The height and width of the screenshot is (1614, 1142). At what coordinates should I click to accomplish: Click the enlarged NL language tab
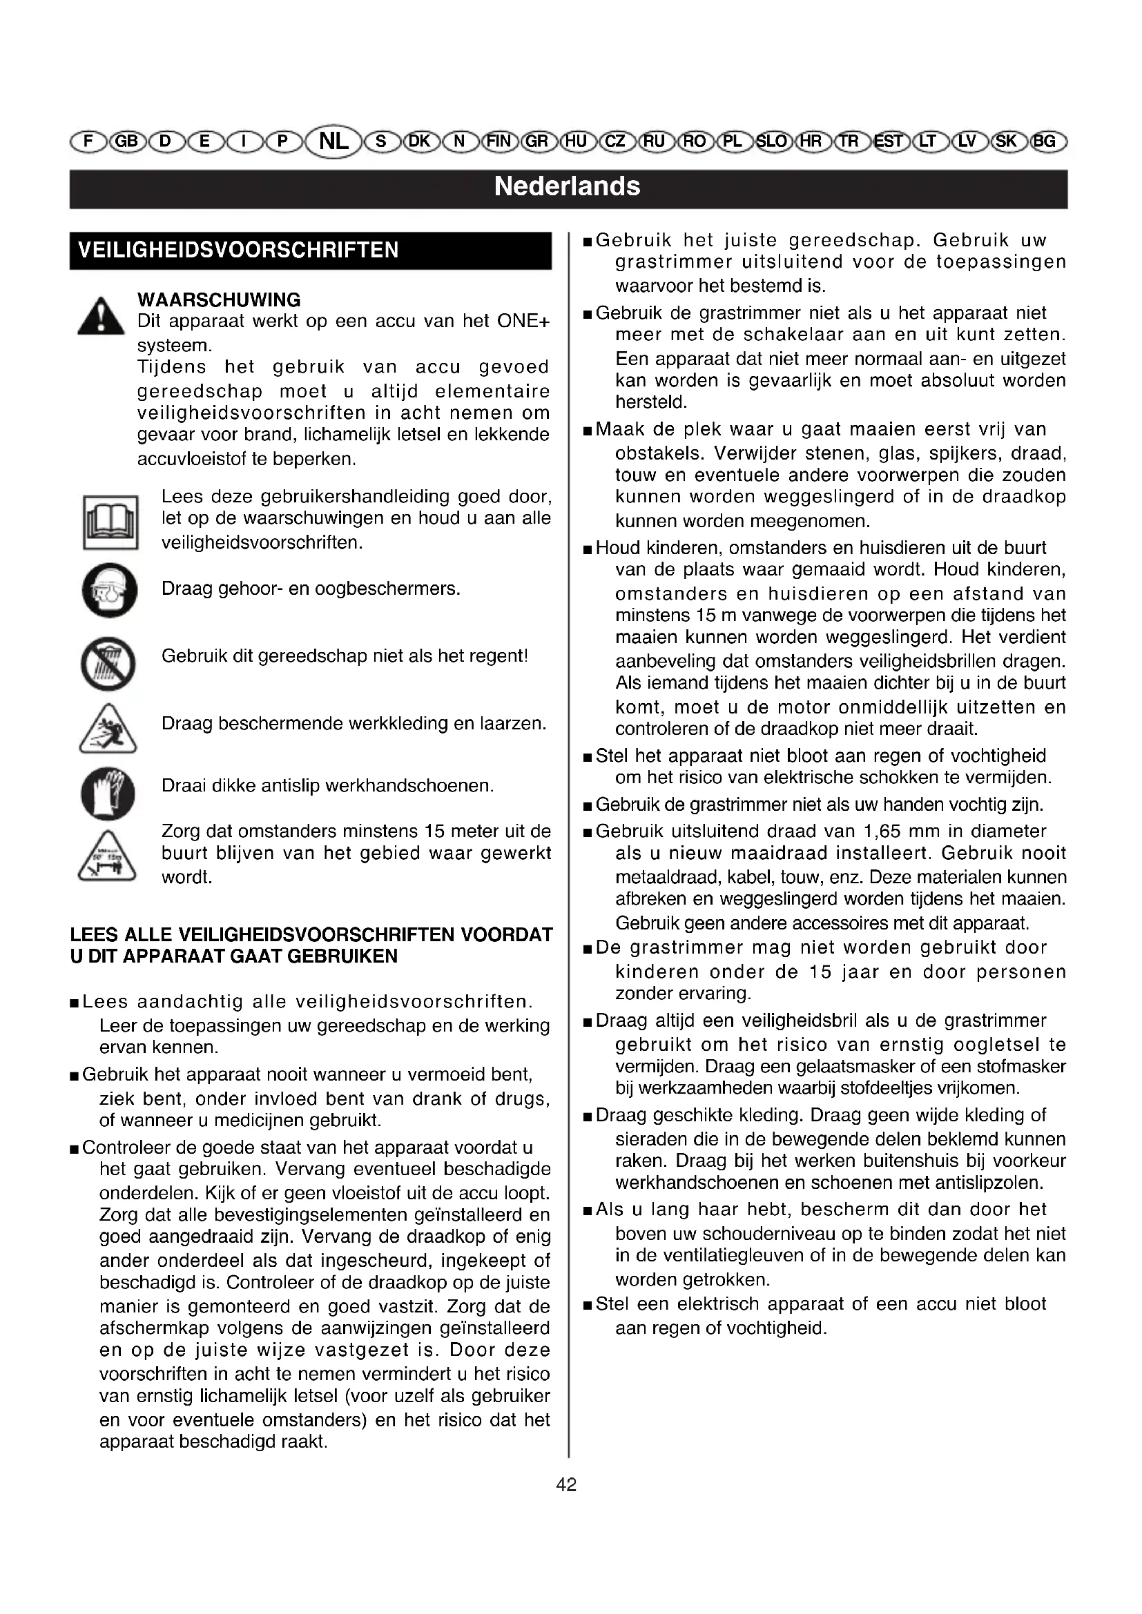click(333, 141)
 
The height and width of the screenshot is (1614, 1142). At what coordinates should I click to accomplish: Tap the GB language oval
click(126, 141)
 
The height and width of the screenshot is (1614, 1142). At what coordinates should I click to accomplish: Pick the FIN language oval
click(499, 141)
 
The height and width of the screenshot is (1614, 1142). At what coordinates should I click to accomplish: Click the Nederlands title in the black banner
click(567, 186)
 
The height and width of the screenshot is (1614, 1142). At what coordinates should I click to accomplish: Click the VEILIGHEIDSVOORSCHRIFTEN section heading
click(238, 250)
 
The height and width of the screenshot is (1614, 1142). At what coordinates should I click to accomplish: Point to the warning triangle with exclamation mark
click(101, 317)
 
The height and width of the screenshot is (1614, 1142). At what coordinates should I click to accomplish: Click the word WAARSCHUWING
click(219, 300)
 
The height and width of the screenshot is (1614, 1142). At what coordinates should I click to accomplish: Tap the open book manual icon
click(110, 522)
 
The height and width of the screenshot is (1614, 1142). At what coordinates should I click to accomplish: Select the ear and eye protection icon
click(108, 590)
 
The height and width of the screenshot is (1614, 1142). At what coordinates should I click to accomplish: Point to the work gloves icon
click(108, 793)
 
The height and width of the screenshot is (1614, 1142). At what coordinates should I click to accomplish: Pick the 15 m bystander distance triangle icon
click(107, 856)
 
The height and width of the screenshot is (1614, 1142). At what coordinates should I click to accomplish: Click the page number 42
click(566, 1485)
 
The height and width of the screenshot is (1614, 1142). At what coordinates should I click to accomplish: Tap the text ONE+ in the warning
click(523, 322)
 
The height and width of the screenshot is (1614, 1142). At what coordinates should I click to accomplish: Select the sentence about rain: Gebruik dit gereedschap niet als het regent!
click(345, 656)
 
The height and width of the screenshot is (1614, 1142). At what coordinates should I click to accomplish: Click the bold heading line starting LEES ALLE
click(311, 935)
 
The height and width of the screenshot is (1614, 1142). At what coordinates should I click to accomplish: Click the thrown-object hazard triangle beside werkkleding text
click(108, 729)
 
